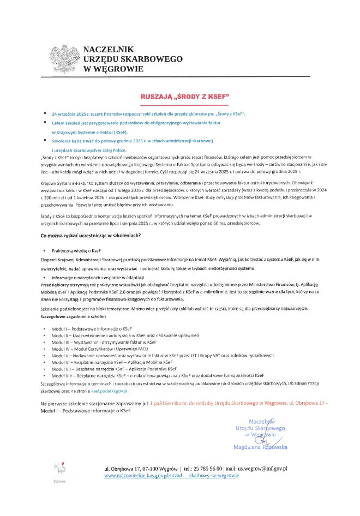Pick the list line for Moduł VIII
[x=158, y=375]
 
